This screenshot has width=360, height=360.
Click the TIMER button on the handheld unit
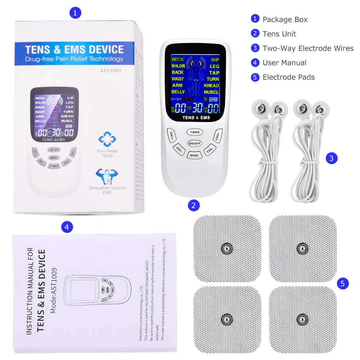(x=195, y=132)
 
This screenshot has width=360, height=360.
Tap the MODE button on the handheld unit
(x=194, y=155)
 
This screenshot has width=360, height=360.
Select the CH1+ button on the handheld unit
(x=172, y=135)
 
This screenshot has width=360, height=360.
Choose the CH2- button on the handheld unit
(x=210, y=150)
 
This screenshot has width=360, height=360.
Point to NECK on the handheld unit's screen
(x=177, y=59)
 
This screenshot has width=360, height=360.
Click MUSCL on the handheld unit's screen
(x=211, y=92)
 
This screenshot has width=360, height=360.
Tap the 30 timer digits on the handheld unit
(x=197, y=108)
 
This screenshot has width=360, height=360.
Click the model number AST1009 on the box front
(x=110, y=71)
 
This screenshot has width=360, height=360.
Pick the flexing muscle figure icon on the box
(x=107, y=176)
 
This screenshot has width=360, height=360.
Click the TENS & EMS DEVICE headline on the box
(x=75, y=49)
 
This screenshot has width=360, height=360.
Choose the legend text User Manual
(x=284, y=63)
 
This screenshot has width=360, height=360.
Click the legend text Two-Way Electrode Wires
(x=308, y=48)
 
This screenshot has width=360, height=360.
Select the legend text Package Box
(x=285, y=19)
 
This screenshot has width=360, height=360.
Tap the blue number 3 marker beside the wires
(x=332, y=158)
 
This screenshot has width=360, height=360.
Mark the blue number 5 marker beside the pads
(x=342, y=284)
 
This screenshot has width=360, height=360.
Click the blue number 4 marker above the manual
(x=67, y=227)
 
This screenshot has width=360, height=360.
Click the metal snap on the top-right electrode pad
(x=302, y=248)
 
